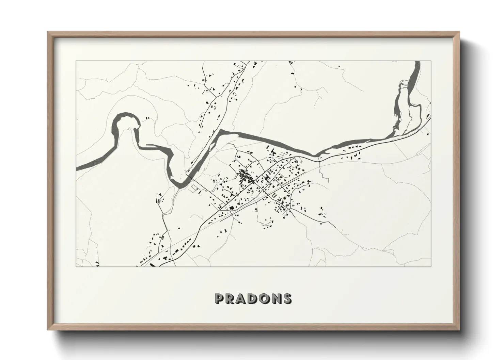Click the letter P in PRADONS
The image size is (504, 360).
tap(219, 299)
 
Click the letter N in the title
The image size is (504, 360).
tap(276, 299)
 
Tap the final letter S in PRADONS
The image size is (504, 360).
tap(287, 299)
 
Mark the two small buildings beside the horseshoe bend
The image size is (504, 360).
tap(148, 118)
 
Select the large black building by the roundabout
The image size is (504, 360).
tap(232, 208)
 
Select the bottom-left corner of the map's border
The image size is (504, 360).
tap(76, 266)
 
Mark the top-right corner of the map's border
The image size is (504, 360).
tap(431, 61)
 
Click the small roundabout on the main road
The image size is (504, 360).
tap(226, 208)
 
